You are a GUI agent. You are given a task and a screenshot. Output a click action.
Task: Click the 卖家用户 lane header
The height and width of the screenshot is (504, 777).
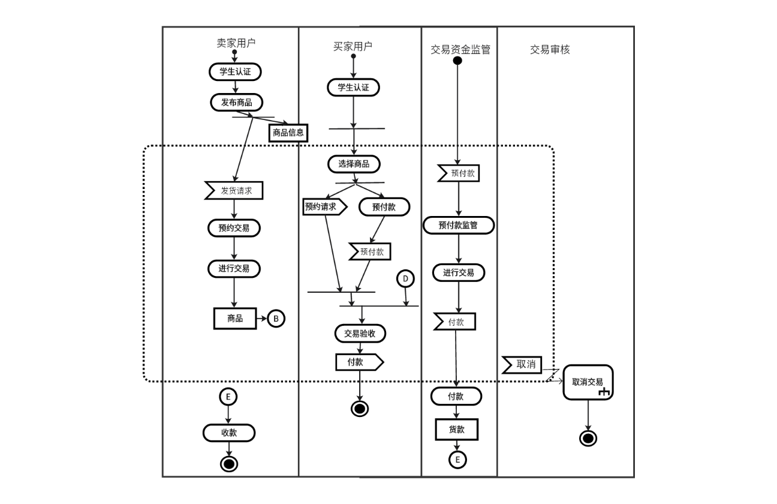236,43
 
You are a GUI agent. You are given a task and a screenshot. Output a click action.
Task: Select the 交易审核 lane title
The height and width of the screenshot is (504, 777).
550,50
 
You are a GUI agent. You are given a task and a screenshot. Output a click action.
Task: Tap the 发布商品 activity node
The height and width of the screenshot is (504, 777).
237,102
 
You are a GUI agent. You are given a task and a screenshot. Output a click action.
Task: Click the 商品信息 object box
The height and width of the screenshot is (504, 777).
288,133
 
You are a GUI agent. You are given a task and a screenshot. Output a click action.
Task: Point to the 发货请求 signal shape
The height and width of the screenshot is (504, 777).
234,191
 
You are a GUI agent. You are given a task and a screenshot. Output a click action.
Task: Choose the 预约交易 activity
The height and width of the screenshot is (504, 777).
234,227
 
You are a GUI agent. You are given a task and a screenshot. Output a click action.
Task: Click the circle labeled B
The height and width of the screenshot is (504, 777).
276,319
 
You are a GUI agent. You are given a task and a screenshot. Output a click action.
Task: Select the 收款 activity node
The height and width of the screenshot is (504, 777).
229,432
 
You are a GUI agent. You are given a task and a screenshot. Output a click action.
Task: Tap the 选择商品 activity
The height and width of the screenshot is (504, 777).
354,164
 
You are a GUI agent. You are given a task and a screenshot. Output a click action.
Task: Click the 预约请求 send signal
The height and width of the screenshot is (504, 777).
324,207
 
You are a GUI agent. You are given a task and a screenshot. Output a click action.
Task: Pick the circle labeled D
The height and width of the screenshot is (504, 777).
405,278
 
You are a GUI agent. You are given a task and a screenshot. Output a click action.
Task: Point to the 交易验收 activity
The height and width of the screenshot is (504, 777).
360,333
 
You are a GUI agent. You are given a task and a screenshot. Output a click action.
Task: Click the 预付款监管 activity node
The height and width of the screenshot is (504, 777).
459,225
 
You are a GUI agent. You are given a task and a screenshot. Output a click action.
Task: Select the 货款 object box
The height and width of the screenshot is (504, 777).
456,430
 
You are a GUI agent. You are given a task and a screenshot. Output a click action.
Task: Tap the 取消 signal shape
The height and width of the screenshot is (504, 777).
522,364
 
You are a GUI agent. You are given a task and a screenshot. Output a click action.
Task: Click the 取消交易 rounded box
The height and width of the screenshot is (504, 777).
588,382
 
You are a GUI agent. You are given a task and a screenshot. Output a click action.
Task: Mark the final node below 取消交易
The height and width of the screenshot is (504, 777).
588,438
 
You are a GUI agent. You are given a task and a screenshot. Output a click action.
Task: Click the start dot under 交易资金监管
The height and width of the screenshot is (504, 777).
457,61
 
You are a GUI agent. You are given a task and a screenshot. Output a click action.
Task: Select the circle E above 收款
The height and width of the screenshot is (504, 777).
228,397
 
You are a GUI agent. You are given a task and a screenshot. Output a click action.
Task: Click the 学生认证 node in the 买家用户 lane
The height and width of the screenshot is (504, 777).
353,87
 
